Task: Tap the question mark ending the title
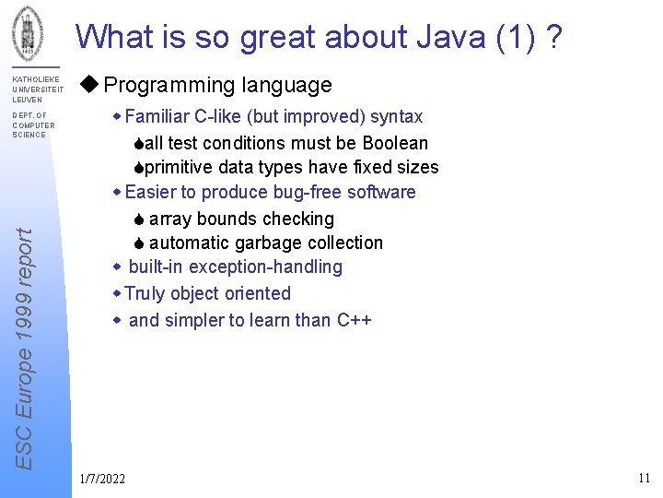555,38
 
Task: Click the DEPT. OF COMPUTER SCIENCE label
33,125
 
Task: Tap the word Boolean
395,143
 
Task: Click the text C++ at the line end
354,320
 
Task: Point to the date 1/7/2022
103,478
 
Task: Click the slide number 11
644,478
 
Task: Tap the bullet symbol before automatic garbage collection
137,243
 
